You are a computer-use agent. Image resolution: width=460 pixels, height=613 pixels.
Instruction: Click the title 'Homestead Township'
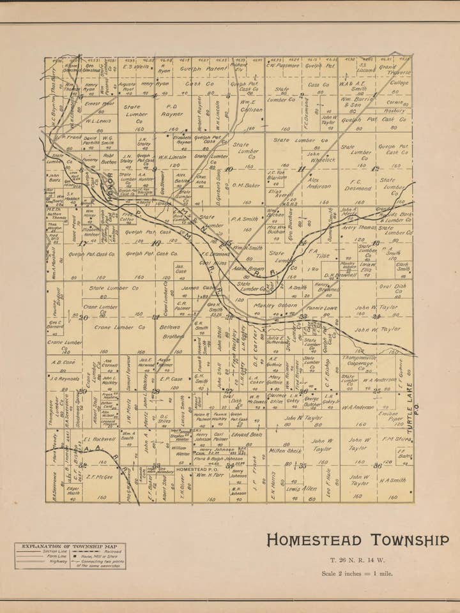[357, 540]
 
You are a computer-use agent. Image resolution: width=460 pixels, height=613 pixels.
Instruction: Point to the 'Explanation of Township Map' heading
[70, 547]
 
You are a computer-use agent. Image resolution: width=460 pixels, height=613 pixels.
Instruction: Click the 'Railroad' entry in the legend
[103, 551]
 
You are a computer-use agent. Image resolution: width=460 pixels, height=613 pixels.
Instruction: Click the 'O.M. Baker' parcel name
[246, 186]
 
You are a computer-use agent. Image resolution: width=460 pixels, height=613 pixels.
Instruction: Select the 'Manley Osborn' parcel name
[275, 305]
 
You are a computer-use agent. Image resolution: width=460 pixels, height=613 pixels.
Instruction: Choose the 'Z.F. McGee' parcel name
[100, 476]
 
